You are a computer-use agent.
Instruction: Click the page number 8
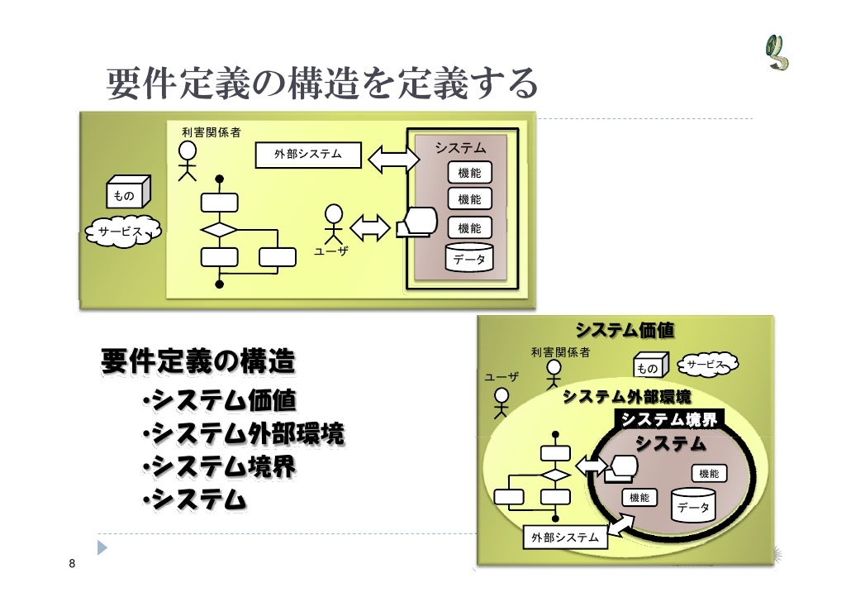[73, 565]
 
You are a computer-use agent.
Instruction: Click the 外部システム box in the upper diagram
[308, 155]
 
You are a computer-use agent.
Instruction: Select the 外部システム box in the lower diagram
[565, 537]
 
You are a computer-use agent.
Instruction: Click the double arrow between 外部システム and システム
[393, 158]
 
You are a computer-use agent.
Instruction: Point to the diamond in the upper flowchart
[219, 229]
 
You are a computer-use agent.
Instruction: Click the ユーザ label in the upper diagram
[331, 250]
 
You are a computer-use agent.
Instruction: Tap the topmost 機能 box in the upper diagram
[469, 172]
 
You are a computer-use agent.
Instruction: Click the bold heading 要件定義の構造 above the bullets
[198, 361]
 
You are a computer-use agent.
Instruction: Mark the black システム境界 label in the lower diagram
[670, 420]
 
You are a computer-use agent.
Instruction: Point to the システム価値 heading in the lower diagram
[625, 331]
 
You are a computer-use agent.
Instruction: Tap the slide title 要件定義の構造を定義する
[322, 84]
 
